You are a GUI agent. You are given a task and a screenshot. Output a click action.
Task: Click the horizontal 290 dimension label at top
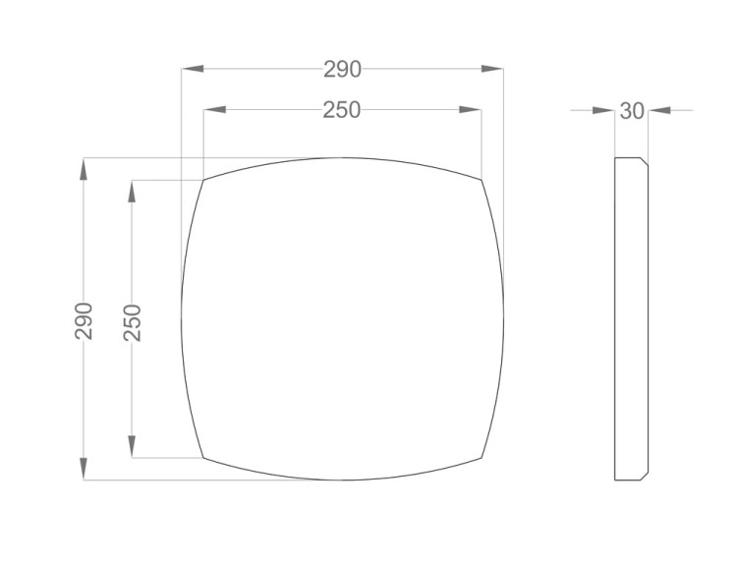pos(342,70)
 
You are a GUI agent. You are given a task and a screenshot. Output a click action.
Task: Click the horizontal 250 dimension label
pos(342,110)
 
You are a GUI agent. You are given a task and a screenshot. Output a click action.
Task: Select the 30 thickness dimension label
pos(632,111)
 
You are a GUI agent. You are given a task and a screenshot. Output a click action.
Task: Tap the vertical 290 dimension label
pos(84,321)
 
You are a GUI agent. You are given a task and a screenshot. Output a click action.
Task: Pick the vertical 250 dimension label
pos(132,322)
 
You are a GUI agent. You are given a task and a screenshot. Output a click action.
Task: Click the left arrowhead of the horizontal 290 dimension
pos(193,69)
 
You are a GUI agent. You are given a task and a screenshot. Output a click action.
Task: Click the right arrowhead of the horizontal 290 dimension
pos(492,69)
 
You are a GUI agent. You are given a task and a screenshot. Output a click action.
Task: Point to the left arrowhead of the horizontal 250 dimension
pos(214,110)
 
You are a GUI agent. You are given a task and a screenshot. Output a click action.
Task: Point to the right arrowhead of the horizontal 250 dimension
pos(470,110)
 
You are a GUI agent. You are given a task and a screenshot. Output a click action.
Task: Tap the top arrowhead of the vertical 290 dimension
pos(84,169)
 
